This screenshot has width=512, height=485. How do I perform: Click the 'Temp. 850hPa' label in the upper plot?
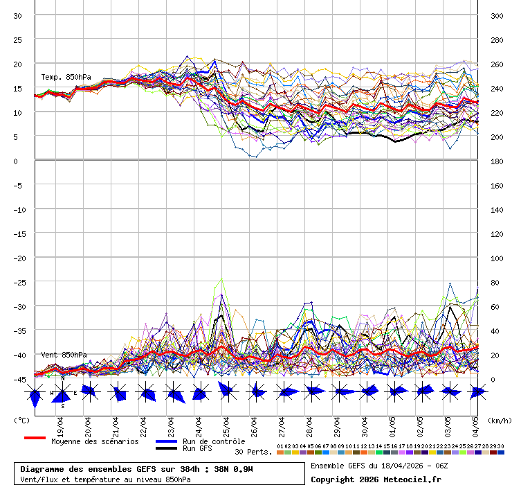coord(66,77)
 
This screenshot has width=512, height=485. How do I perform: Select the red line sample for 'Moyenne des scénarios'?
coord(35,438)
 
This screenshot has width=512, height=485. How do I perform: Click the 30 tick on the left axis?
coord(19,15)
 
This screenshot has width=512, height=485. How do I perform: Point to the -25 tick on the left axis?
coord(19,282)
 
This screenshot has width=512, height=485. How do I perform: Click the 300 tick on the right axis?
coord(496,15)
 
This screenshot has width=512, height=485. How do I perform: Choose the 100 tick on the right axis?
coord(496,258)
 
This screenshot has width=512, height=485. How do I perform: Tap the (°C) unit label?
coord(21,420)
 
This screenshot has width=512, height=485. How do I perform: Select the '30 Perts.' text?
coord(253,452)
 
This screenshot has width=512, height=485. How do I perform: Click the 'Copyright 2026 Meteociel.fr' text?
coord(376,479)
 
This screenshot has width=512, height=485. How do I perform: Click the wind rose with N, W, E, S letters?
coord(62,393)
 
